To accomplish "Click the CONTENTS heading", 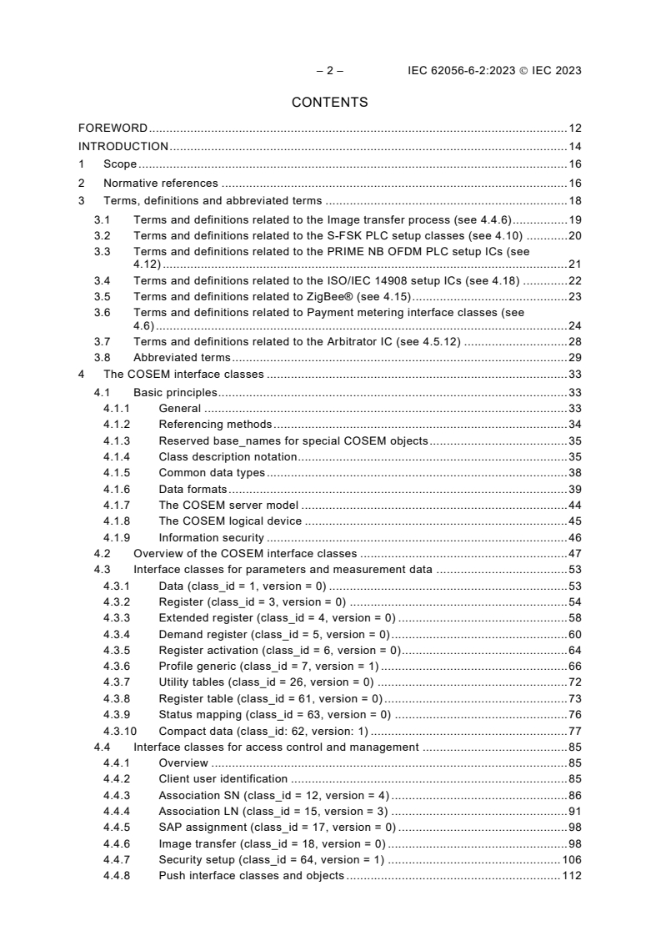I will pos(330,103).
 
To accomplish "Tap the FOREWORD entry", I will pos(113,128).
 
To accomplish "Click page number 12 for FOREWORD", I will pos(574,128).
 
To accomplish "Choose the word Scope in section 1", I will pos(120,165).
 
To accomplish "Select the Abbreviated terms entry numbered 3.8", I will pos(183,357).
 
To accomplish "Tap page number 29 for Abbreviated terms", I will pos(574,357).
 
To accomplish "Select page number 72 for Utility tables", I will pos(574,682).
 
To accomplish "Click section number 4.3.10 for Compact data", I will pos(118,731).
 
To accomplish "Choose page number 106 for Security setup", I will pos(571,859).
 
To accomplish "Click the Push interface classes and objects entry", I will pos(251,876).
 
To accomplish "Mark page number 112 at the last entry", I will pos(571,876).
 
